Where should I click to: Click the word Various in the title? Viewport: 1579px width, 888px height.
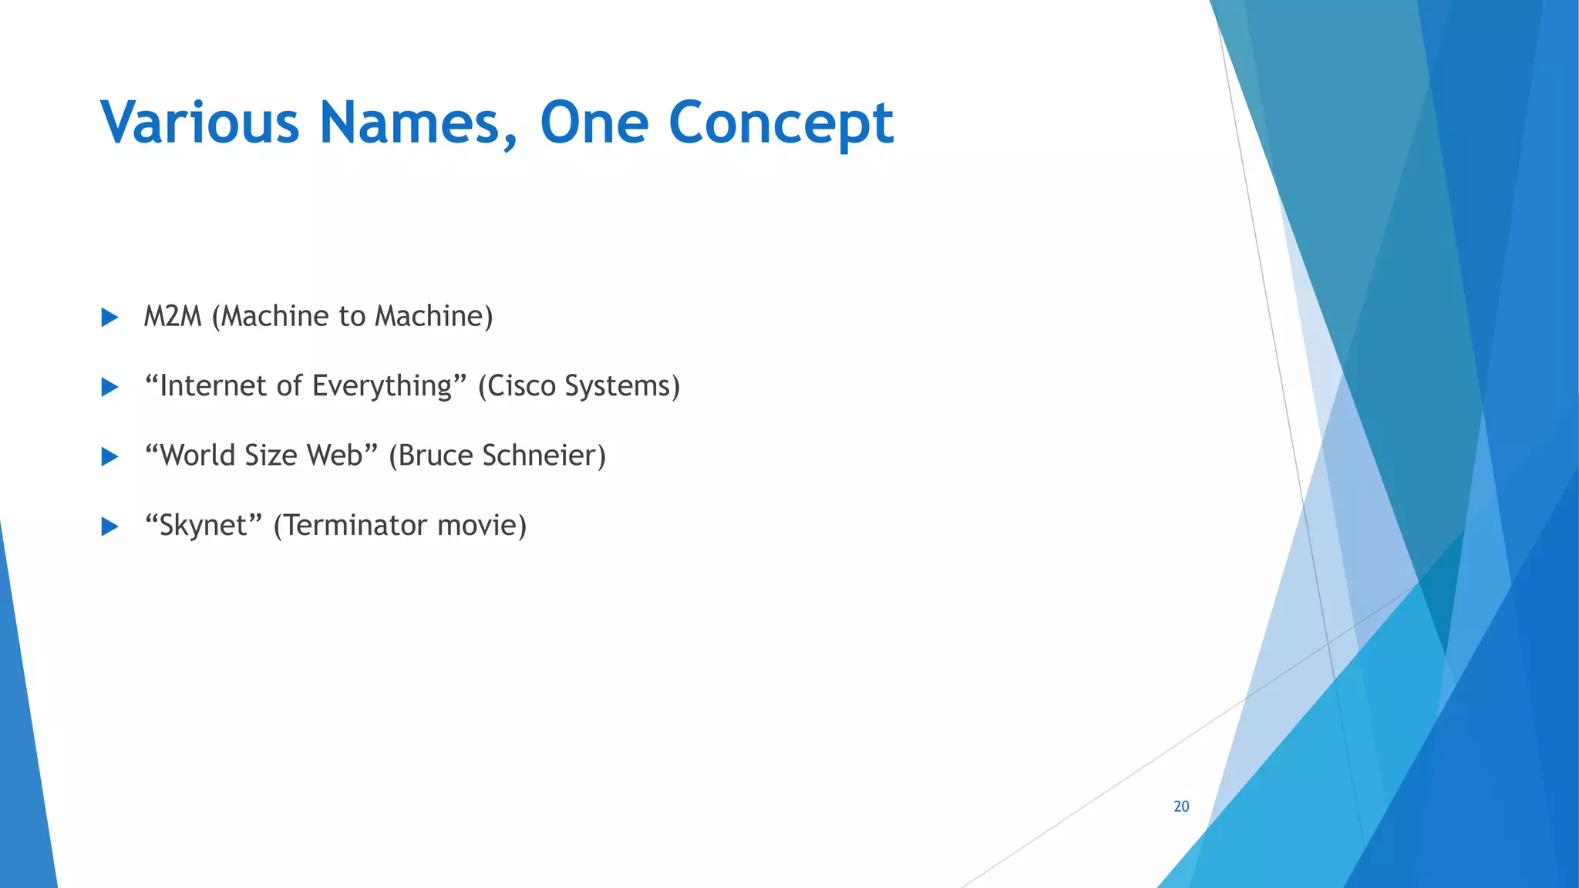200,123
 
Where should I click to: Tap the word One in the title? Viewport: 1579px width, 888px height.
594,123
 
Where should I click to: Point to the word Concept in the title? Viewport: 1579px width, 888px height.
780,124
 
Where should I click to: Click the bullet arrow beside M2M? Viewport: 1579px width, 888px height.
109,318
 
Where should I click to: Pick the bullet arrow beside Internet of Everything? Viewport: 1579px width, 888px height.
109,387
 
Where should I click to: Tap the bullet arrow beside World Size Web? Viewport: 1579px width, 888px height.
109,457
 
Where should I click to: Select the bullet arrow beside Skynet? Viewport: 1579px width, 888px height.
109,526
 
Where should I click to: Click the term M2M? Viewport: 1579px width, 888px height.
173,316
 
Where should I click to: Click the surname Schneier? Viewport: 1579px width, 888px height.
543,456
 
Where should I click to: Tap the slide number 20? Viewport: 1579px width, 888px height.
1181,806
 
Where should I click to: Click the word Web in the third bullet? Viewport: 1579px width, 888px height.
335,456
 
